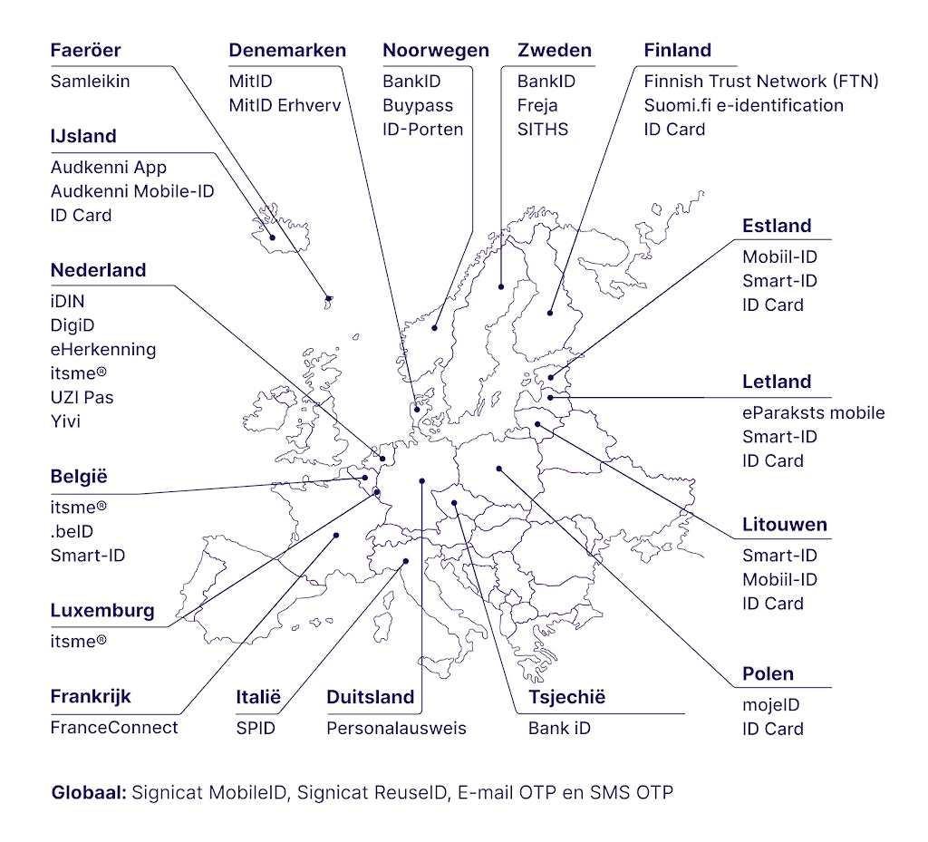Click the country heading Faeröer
pyautogui.click(x=85, y=50)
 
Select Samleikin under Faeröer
pyautogui.click(x=90, y=81)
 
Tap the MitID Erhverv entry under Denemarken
pyautogui.click(x=285, y=105)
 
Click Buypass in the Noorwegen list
pyautogui.click(x=418, y=105)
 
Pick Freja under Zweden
pyautogui.click(x=537, y=105)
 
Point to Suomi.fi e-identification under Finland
pyautogui.click(x=743, y=105)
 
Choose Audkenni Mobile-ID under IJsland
pyautogui.click(x=132, y=191)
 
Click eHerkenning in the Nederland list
pyautogui.click(x=103, y=349)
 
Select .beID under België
pyautogui.click(x=72, y=531)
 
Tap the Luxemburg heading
pyautogui.click(x=102, y=610)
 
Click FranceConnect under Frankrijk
pyautogui.click(x=114, y=727)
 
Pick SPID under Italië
pyautogui.click(x=255, y=727)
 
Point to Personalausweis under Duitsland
pyautogui.click(x=396, y=727)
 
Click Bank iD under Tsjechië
pyautogui.click(x=559, y=727)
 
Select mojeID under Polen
pyautogui.click(x=771, y=704)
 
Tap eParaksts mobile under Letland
pyautogui.click(x=813, y=412)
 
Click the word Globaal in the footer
pyautogui.click(x=88, y=792)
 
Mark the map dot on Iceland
pyautogui.click(x=273, y=238)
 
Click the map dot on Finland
pyautogui.click(x=550, y=314)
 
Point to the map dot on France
pyautogui.click(x=336, y=535)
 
